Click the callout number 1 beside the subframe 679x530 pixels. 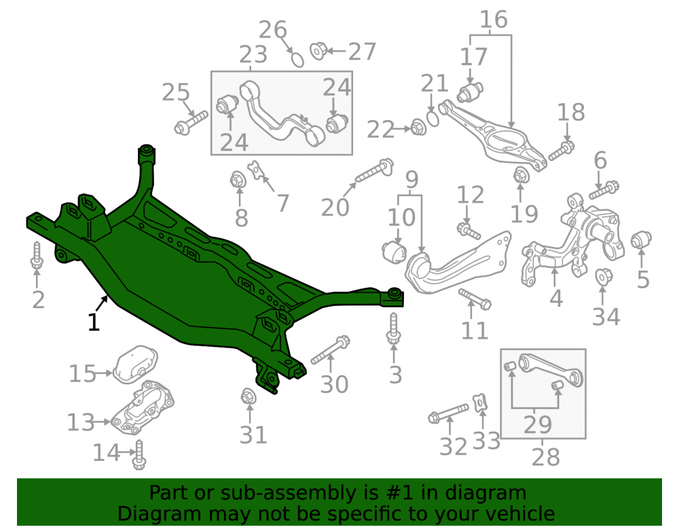94,322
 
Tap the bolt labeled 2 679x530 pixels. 37,255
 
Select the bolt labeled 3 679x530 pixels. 394,328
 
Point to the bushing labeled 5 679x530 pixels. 641,240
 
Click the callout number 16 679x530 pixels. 494,20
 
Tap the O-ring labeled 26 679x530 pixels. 297,59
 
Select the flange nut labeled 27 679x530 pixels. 318,51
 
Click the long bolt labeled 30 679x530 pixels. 331,349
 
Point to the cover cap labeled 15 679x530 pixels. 135,364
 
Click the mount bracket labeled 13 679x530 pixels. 143,408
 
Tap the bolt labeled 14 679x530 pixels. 139,455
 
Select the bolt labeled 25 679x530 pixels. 191,122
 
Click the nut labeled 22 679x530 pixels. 418,127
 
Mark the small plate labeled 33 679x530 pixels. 480,403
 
